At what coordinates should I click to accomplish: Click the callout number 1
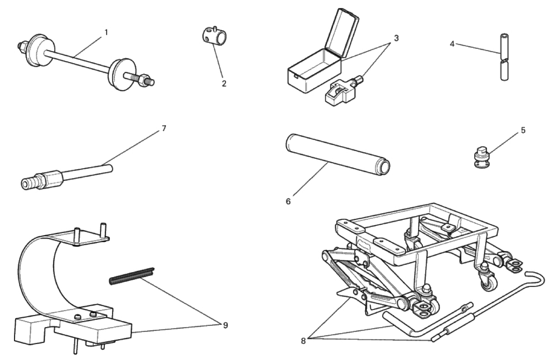click(106, 33)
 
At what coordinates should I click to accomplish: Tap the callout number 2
click(224, 84)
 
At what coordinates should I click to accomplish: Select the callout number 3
click(396, 38)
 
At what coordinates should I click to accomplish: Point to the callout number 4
click(452, 44)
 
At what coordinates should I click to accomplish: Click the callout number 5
click(523, 130)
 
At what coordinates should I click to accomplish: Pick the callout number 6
click(288, 201)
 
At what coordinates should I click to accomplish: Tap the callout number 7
click(164, 128)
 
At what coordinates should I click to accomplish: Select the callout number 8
click(303, 341)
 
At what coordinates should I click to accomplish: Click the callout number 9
click(225, 325)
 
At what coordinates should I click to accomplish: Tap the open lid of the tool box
click(342, 33)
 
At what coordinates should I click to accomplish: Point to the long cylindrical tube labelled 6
click(338, 154)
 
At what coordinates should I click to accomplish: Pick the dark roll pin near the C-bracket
click(132, 276)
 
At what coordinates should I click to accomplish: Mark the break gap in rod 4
click(504, 61)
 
